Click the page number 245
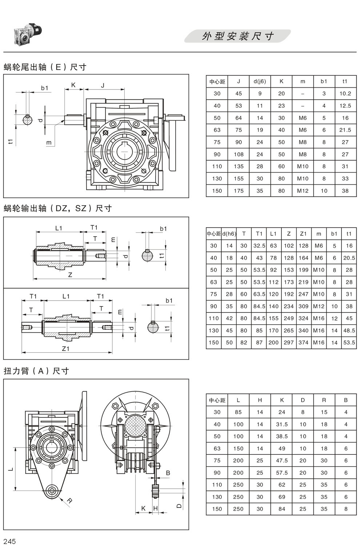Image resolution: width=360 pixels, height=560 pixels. pos(10,541)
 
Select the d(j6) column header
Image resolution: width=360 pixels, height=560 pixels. pos(260,82)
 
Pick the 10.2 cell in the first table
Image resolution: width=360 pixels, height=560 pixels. pos(345,94)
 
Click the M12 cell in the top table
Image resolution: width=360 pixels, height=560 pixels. pos(303,191)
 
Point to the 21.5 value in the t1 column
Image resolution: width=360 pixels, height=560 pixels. pos(345,130)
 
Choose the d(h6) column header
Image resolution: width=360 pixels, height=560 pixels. pos(229,234)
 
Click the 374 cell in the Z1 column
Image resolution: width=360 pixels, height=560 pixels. pos(303,342)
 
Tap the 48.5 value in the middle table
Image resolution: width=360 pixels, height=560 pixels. pos(349,330)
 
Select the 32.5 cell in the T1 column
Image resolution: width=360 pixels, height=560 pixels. pos(259,246)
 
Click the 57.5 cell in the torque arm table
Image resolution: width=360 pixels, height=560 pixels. pos(282,473)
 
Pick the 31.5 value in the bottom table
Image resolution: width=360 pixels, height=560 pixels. pos(282,424)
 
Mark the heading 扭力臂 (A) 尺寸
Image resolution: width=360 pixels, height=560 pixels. pos(36,371)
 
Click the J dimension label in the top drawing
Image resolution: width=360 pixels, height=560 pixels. pos(103,86)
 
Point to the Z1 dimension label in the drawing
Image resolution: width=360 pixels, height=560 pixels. pos(65,349)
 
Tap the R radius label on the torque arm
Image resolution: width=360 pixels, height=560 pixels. pos(69,501)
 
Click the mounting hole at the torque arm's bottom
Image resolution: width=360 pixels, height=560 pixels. pos(52,490)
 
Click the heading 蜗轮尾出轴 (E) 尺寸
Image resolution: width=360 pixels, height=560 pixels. pos(45,67)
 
